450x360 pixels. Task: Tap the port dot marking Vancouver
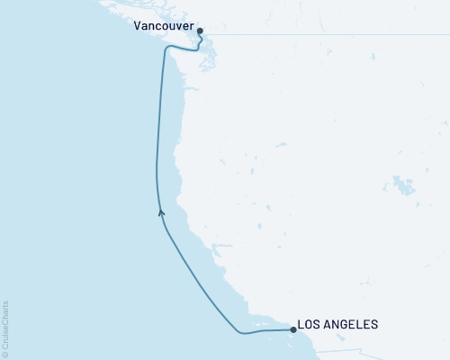[200, 31]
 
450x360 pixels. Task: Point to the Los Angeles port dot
[293, 329]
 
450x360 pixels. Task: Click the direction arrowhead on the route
[161, 212]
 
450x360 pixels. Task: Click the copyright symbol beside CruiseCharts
[5, 354]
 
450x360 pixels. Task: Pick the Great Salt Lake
[404, 187]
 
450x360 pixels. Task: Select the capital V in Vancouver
[137, 27]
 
